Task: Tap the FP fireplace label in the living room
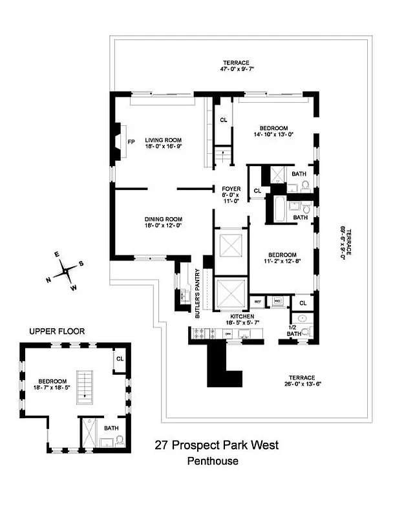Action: pos(131,142)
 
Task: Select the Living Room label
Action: pos(163,140)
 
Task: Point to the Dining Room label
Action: pos(163,219)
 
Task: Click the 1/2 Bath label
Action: pos(295,330)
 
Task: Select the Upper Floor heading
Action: pos(56,331)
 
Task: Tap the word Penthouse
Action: pos(213,461)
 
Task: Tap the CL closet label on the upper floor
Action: pos(120,359)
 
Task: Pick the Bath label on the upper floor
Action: pos(111,428)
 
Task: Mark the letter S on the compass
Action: pos(81,264)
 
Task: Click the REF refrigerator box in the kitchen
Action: pos(258,301)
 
